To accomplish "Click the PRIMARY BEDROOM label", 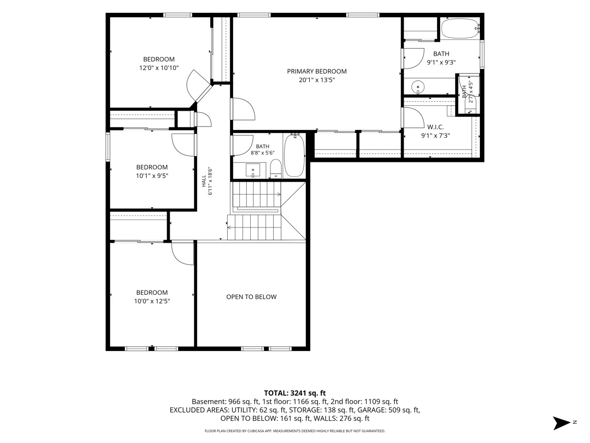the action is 317,71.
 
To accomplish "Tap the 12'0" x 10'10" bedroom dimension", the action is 159,68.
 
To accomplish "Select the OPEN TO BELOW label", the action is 251,297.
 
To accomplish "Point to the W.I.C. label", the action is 435,127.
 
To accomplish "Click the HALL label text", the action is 204,181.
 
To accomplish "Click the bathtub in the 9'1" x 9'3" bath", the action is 460,28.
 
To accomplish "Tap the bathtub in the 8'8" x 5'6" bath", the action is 295,155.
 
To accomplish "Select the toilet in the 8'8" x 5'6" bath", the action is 275,169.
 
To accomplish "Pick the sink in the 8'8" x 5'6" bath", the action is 253,170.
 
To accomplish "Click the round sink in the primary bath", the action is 418,87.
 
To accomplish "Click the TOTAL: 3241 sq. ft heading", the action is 295,393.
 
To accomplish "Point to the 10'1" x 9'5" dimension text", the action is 152,176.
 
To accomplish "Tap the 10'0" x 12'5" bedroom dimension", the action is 152,301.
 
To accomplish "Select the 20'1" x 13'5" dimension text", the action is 317,80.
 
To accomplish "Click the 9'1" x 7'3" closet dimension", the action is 436,135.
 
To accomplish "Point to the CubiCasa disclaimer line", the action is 295,431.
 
